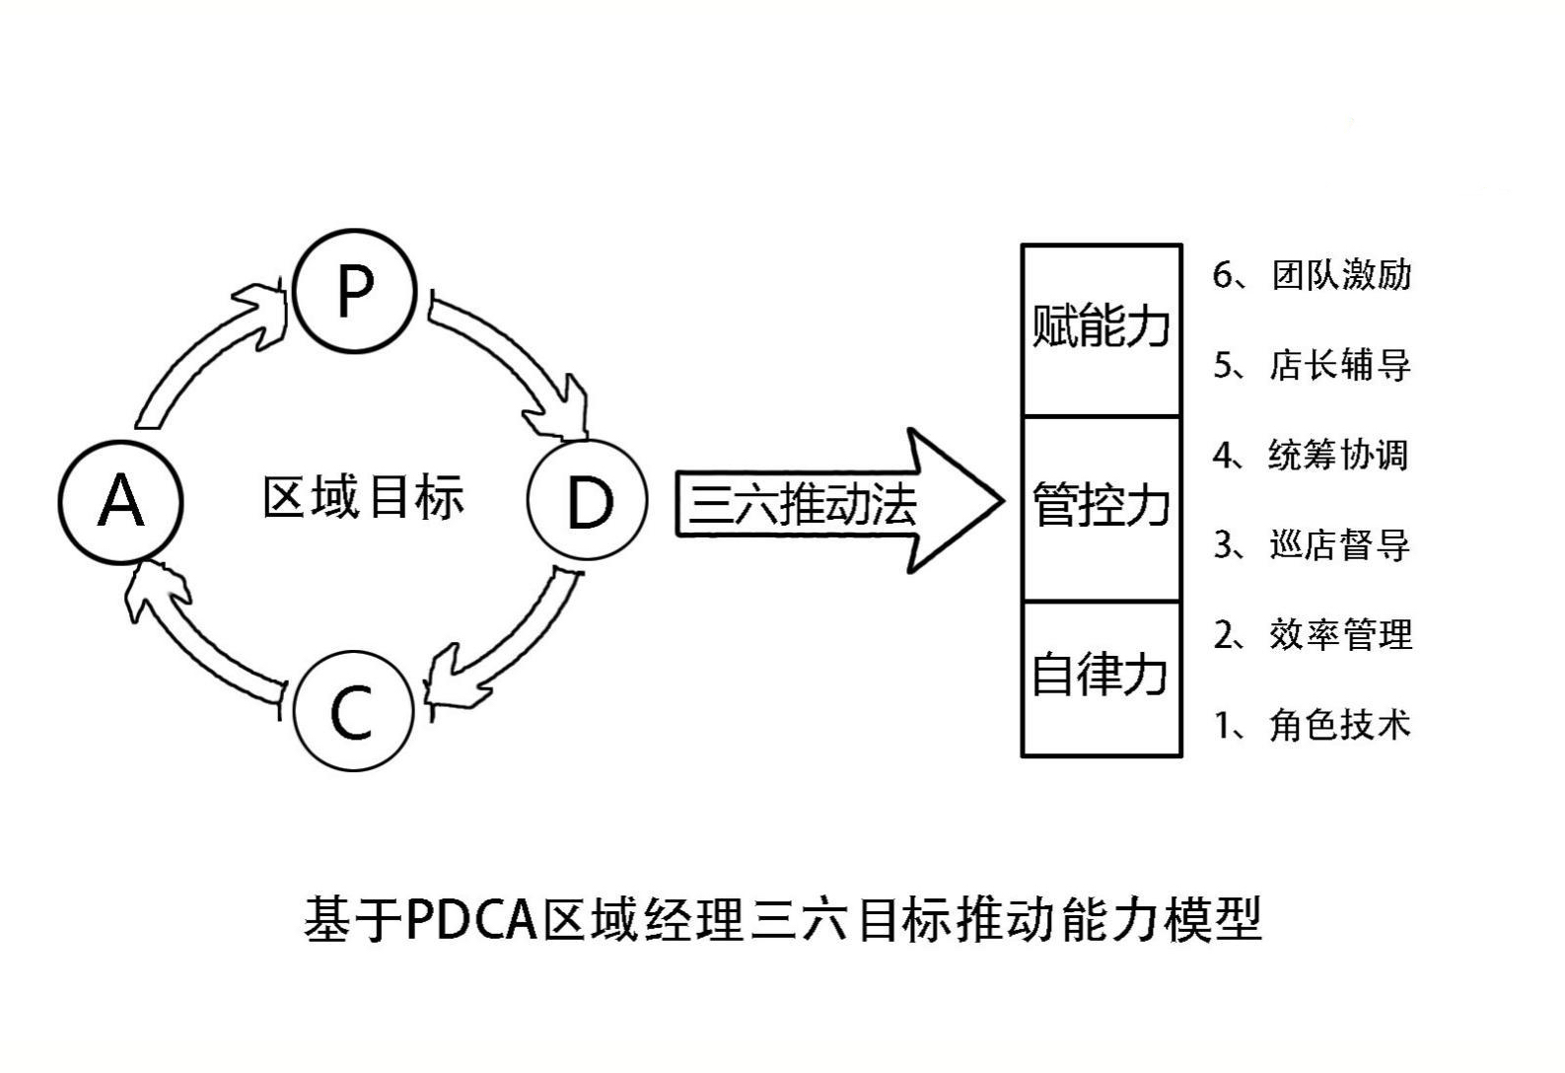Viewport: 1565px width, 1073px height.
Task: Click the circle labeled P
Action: coord(355,290)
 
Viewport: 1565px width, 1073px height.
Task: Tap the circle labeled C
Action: coord(352,711)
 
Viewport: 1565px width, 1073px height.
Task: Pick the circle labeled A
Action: coord(120,501)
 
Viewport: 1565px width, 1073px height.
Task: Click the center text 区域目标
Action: coord(363,497)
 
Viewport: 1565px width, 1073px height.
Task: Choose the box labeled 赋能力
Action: coord(1101,328)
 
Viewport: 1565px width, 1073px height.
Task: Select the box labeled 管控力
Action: coord(1101,507)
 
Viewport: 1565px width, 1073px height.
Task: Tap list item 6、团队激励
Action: coord(1312,275)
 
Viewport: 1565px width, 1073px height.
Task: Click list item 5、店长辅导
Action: coord(1312,366)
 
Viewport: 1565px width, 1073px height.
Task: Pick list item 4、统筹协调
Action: coord(1312,456)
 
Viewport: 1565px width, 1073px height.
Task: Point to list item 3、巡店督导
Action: coord(1312,544)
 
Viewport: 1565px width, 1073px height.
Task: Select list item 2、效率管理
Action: coord(1312,635)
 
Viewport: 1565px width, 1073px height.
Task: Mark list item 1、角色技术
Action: coord(1312,725)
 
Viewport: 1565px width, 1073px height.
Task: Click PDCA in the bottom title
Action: coord(474,920)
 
